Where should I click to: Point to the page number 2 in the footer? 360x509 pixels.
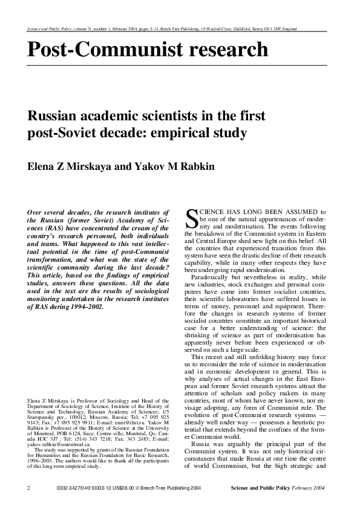click(x=29, y=488)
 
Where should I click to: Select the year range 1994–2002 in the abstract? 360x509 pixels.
click(x=85, y=306)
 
